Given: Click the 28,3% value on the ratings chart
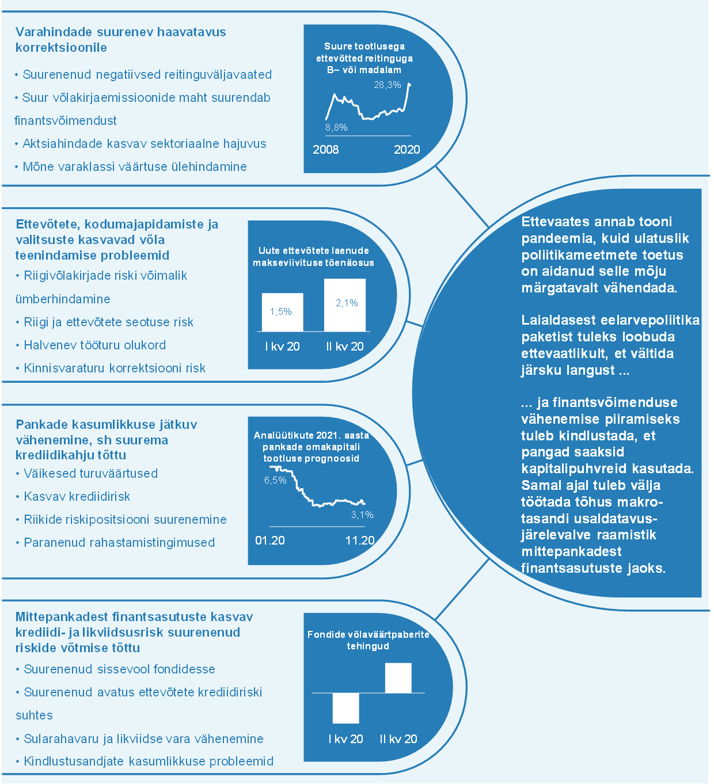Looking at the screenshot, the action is [387, 85].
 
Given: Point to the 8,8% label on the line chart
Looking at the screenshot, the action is [336, 127].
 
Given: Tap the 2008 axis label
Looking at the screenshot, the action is [326, 150].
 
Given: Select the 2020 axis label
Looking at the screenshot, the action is [407, 150].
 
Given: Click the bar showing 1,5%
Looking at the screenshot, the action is [282, 312].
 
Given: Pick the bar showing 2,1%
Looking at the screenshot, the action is [345, 305].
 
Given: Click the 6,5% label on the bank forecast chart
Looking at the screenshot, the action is [275, 480].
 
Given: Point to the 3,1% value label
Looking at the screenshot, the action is [362, 515].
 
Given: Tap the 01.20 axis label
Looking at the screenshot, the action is [270, 541].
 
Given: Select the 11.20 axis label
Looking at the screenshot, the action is [360, 541].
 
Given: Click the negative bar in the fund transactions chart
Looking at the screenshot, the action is [345, 708].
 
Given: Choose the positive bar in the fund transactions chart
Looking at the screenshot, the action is [398, 678].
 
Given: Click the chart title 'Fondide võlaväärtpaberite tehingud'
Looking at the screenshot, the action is [369, 640].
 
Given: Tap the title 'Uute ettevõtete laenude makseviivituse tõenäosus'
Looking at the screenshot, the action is [313, 256].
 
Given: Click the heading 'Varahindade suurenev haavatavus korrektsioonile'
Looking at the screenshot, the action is [120, 40].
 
